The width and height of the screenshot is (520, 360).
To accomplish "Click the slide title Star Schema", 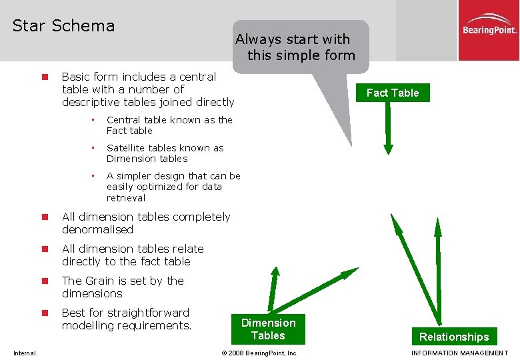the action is pyautogui.click(x=63, y=26).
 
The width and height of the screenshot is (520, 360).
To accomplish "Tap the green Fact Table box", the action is pyautogui.click(x=393, y=93).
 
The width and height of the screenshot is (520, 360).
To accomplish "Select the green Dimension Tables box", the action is pyautogui.click(x=268, y=329).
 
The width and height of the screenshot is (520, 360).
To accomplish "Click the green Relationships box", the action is pyautogui.click(x=454, y=337).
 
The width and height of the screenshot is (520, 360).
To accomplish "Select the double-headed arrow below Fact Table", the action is pyautogui.click(x=388, y=127).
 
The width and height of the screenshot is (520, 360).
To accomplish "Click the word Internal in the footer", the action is pyautogui.click(x=25, y=353).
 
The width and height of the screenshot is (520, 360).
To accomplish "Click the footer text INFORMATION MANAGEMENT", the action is pyautogui.click(x=460, y=353).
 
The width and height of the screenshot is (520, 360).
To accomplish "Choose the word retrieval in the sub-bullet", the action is pyautogui.click(x=126, y=198).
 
